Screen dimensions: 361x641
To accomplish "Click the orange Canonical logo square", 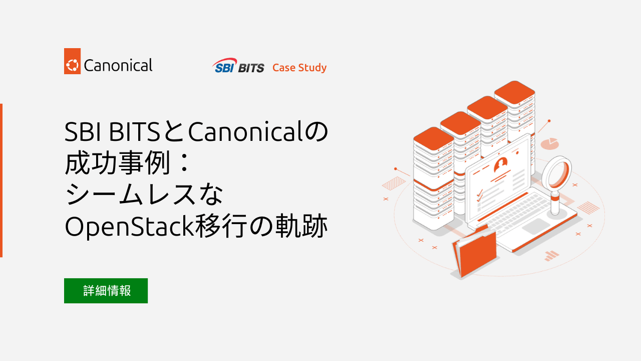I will (x=73, y=61).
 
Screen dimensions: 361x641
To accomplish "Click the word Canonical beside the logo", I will (x=118, y=65).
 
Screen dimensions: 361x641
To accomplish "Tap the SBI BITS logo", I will (x=238, y=66).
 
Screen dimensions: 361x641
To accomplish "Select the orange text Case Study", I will (x=299, y=68).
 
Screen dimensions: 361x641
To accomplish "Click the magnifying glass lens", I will (x=557, y=173).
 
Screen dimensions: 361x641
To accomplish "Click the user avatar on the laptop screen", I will (x=501, y=164).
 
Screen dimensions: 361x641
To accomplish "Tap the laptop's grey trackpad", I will (x=538, y=226).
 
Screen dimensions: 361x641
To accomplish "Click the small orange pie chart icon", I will (x=551, y=143).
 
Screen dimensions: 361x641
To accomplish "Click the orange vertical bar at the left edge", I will (x=1, y=180).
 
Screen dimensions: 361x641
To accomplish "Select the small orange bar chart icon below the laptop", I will (x=551, y=256).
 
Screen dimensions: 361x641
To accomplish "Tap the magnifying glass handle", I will (x=555, y=203).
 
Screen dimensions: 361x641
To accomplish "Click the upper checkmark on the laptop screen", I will (x=479, y=192).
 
